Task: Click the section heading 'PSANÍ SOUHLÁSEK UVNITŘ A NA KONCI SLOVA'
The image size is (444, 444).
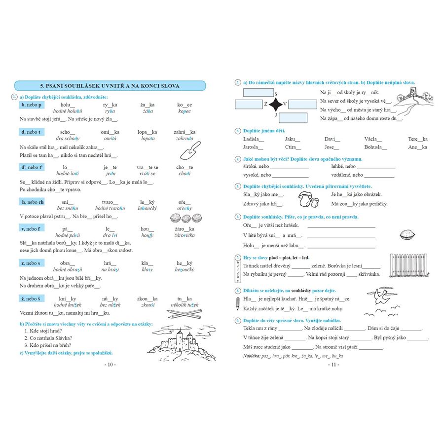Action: coord(109,86)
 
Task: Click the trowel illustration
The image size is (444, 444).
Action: coord(189,150)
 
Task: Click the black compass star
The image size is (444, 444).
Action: coord(277,104)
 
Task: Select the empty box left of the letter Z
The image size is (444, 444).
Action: coord(250,105)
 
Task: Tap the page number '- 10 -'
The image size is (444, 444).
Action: coord(110,365)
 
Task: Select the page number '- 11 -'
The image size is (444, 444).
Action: coord(332,365)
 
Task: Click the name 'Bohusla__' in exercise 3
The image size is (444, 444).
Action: coord(376,147)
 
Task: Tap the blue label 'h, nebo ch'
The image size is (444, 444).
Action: coord(33,202)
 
